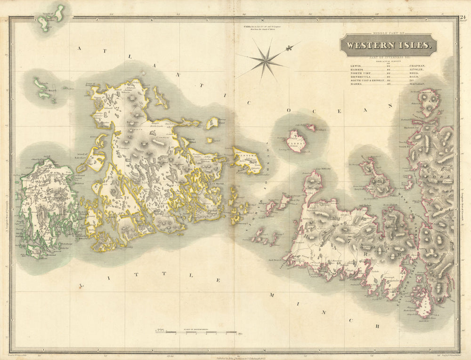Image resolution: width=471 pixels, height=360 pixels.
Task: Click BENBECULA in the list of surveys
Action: [360, 75]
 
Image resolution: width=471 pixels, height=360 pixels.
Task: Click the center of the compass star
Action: [267, 60]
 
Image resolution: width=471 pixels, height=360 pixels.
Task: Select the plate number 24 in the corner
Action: [463, 18]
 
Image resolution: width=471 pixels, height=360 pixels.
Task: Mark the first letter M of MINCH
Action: [272, 295]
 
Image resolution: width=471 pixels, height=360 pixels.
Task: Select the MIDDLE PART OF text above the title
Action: [389, 33]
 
